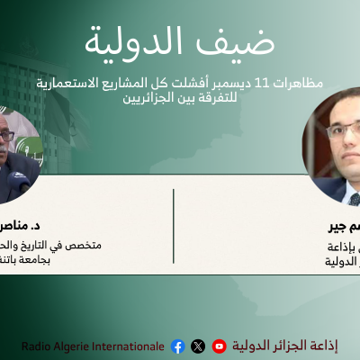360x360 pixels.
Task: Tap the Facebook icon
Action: tap(177, 346)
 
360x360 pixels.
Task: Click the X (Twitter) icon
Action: tap(198, 346)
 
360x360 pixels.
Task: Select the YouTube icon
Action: tap(219, 346)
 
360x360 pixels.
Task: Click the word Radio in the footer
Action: tap(37, 346)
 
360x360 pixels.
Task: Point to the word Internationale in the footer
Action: tap(130, 346)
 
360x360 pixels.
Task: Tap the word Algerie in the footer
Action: tap(75, 346)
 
